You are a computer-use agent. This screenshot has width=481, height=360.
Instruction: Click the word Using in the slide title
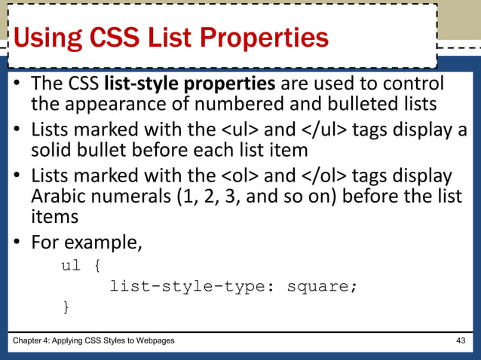[51, 38]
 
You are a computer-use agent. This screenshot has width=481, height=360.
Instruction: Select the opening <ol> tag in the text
[240, 177]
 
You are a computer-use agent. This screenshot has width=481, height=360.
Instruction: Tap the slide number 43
[461, 341]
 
